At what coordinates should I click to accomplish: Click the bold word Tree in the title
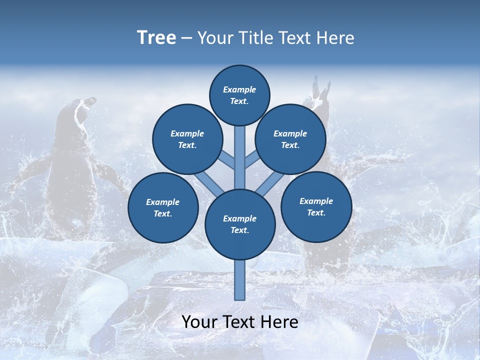pos(156,38)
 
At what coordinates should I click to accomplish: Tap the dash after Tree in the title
pos(186,38)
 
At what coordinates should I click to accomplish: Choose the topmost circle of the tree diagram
pos(239,95)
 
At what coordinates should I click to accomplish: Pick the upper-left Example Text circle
pos(187,139)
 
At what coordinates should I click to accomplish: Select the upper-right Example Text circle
pos(290,139)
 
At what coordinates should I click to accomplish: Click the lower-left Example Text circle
pos(163,207)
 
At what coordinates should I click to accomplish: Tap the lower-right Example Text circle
pos(316,206)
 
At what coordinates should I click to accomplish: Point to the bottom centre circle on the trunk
pos(240,224)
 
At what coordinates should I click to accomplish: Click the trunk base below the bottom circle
pos(240,280)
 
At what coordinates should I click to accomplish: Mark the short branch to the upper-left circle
pos(227,160)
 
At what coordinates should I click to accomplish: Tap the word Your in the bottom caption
pos(200,322)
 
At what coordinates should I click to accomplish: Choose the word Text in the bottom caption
pos(241,322)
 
